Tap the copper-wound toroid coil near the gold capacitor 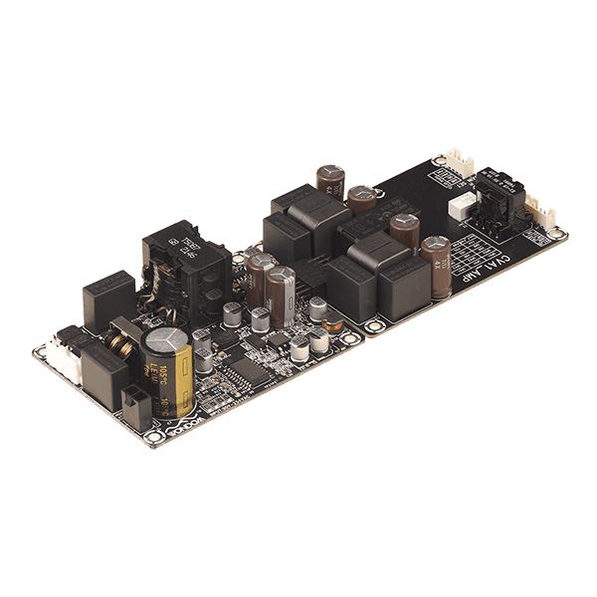tap(122, 343)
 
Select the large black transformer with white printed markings tap(182, 261)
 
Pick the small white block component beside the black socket tap(459, 206)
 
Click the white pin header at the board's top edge tap(459, 162)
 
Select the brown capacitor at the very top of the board tap(330, 182)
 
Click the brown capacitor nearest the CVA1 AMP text tap(435, 258)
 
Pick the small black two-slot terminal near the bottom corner tap(134, 405)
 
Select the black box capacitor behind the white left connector tap(108, 296)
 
